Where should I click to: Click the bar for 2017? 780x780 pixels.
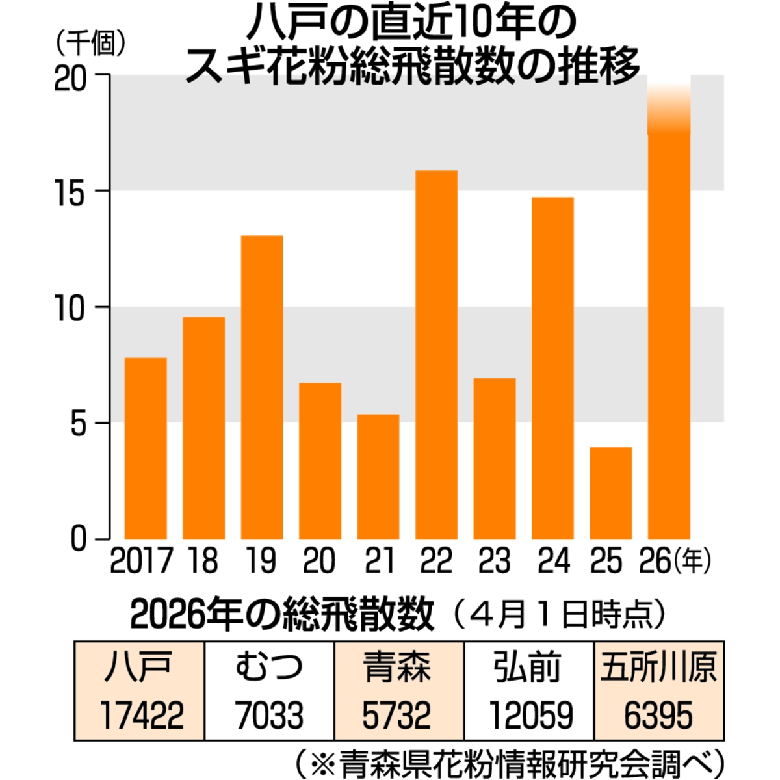tap(146, 448)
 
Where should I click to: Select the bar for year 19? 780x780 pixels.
tap(262, 387)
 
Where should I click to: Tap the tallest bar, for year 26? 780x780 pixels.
tap(669, 325)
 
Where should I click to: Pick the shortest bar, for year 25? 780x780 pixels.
tap(611, 493)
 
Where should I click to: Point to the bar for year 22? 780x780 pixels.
tap(436, 355)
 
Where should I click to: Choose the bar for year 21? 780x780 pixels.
tap(378, 477)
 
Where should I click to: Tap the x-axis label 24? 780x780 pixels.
tap(554, 561)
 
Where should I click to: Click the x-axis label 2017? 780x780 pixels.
tap(141, 561)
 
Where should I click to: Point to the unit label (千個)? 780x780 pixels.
tap(91, 44)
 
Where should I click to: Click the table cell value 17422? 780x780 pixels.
tap(142, 715)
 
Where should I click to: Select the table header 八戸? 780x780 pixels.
tap(139, 667)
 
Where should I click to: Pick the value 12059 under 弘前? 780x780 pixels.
tap(530, 715)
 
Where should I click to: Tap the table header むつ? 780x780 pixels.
tap(269, 667)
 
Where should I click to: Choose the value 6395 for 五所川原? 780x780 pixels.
tap(658, 715)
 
